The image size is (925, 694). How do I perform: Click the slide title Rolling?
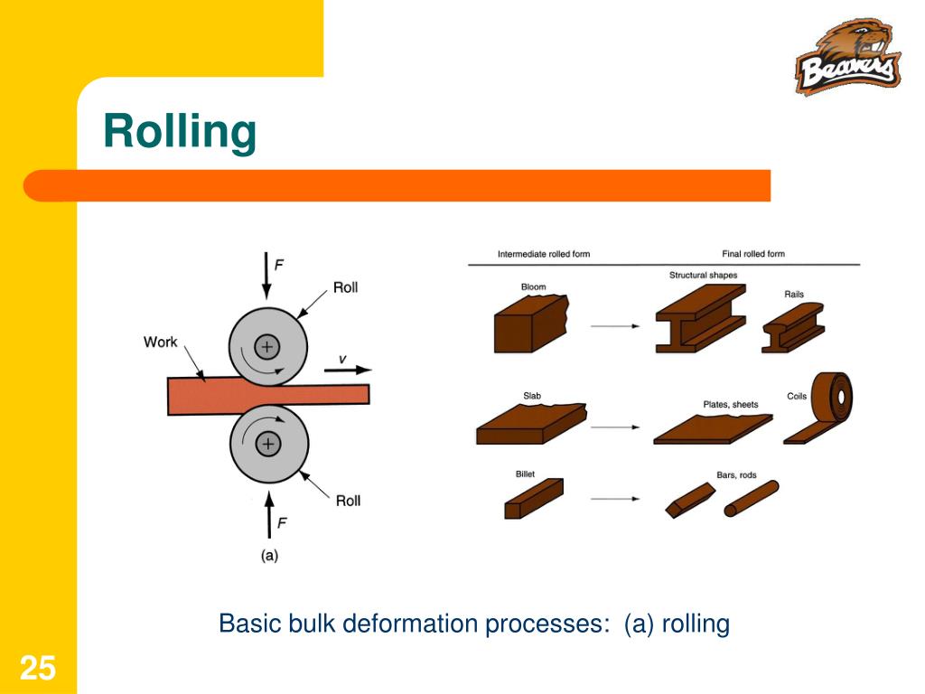tap(180, 132)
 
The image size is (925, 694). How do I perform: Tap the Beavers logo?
tap(847, 59)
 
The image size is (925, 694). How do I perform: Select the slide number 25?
tap(38, 669)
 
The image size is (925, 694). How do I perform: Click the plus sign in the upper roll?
tap(267, 346)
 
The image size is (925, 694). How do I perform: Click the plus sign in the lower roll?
tap(267, 443)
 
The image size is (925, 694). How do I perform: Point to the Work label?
tap(161, 342)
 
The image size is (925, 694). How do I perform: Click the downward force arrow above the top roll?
tap(266, 276)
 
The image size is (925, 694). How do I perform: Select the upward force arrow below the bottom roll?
tap(268, 514)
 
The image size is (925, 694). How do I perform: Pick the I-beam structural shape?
tap(699, 317)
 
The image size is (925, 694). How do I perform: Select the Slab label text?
tap(532, 396)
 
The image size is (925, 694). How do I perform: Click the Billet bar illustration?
tap(533, 499)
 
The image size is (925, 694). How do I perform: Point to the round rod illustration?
tap(751, 499)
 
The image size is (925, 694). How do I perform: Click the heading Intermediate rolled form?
tap(543, 254)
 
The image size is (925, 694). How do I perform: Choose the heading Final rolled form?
tap(753, 254)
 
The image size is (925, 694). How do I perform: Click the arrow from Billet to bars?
tap(614, 497)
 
